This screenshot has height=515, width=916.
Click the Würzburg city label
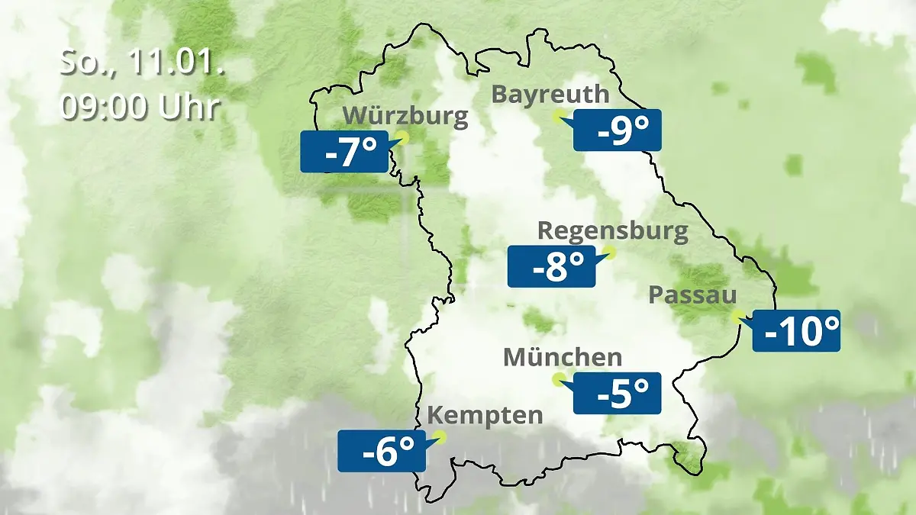click(405, 117)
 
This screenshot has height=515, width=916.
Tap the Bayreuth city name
click(550, 95)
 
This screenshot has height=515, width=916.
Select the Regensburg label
click(612, 231)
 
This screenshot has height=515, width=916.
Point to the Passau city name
click(692, 296)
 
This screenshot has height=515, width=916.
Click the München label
click(563, 357)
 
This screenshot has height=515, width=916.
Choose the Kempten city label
click(485, 416)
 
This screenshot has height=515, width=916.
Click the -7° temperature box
click(343, 151)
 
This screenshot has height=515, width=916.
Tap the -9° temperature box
click(617, 130)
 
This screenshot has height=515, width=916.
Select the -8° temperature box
click(551, 266)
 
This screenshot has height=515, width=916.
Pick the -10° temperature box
click(796, 330)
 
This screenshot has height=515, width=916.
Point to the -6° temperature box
click(381, 451)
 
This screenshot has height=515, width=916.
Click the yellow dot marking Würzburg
click(402, 137)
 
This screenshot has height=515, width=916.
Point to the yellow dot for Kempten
click(438, 437)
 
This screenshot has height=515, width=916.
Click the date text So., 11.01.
click(142, 64)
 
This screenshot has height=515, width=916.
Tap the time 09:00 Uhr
click(140, 108)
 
